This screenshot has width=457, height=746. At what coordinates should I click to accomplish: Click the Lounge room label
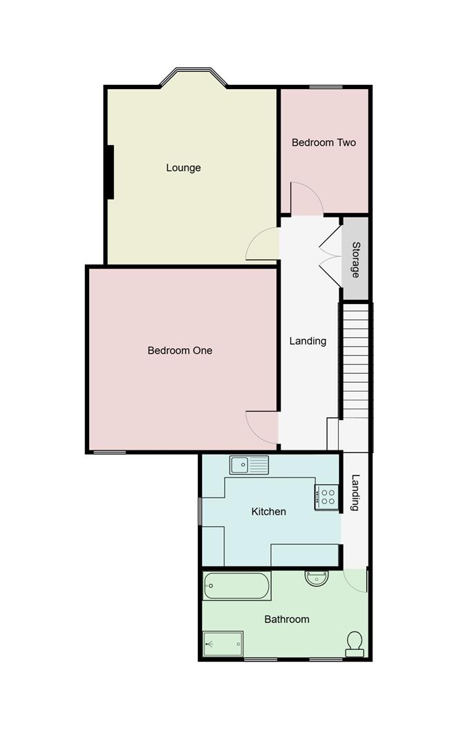coord(183,168)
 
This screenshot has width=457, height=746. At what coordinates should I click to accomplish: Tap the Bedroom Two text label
coord(324,143)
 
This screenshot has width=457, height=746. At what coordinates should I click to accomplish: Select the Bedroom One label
coord(180,350)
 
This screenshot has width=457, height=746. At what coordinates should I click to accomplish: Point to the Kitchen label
coord(268,512)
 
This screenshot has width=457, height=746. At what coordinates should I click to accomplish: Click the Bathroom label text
coord(287,620)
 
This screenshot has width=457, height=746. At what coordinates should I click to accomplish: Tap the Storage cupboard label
coord(355,260)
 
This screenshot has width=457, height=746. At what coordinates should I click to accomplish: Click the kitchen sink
coord(249,466)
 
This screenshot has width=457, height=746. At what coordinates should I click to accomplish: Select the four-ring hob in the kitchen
coord(327,496)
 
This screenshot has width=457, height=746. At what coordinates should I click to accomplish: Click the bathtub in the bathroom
coord(236,586)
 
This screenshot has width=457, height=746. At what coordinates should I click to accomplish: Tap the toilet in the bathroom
coord(355,643)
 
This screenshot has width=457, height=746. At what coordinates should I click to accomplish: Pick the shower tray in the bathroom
coord(223,644)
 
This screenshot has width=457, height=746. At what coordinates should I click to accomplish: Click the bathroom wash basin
coord(316,578)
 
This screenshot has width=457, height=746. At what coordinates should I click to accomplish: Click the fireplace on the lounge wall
coord(109,172)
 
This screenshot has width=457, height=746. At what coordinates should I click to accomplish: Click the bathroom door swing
coord(355,581)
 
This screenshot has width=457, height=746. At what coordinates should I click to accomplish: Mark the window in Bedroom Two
coord(325,87)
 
